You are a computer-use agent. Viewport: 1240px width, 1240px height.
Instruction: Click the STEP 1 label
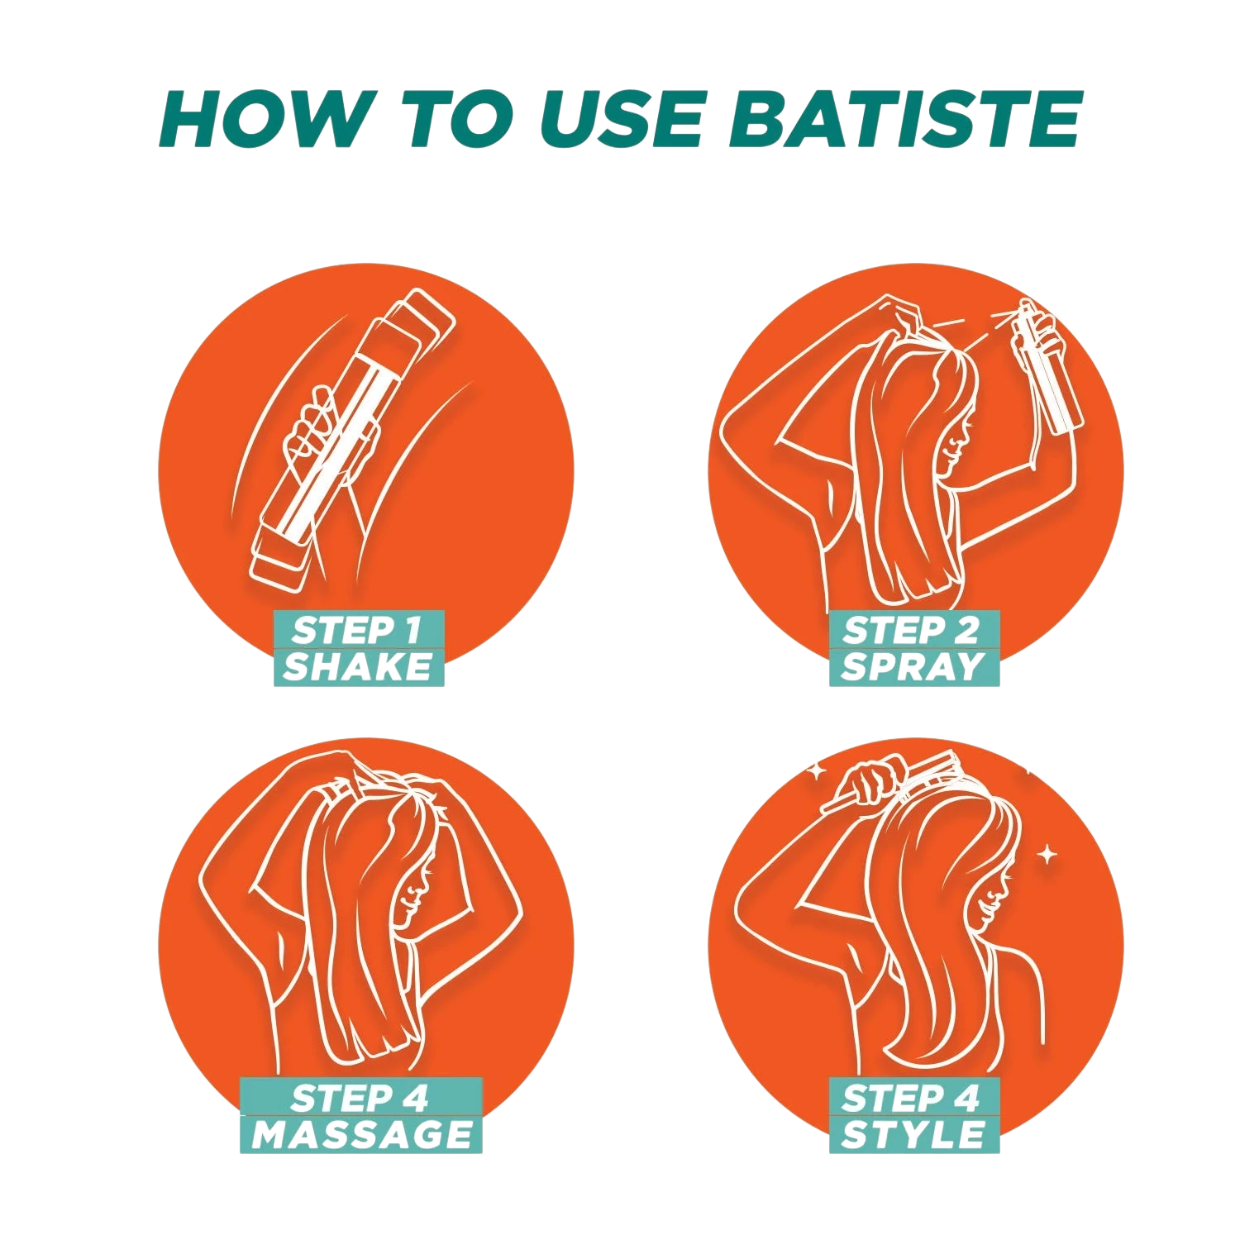[x=357, y=631]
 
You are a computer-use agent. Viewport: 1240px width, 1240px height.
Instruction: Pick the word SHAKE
[x=358, y=666]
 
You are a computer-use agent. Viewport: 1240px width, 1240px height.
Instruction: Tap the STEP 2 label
[x=911, y=631]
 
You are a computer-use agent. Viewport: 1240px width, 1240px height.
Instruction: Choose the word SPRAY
[x=913, y=666]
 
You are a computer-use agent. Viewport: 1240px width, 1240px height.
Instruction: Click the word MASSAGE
[x=362, y=1134]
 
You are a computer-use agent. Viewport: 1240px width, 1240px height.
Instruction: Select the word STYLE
[x=913, y=1134]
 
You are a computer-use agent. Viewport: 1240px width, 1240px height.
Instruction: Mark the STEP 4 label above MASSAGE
[x=360, y=1098]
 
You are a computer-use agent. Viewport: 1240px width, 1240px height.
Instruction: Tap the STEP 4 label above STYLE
[x=911, y=1098]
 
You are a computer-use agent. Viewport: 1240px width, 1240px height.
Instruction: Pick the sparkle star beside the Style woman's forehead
[x=1047, y=855]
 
